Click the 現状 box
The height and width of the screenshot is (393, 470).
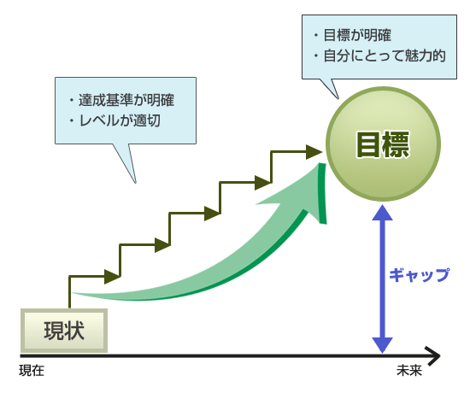click(x=64, y=331)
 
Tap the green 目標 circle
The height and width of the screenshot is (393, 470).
click(x=383, y=144)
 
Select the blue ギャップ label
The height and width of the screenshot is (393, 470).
click(x=420, y=274)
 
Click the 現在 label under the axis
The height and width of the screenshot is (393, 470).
click(x=32, y=371)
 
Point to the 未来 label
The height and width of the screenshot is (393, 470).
click(x=409, y=371)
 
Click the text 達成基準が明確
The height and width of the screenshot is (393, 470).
click(x=126, y=100)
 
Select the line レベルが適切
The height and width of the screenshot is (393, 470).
click(x=120, y=120)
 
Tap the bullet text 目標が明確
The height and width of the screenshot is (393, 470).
click(x=357, y=35)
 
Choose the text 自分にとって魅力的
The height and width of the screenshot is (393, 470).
click(x=385, y=56)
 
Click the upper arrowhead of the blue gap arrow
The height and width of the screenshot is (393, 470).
click(x=383, y=212)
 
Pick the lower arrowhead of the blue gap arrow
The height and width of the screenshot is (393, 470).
click(x=383, y=346)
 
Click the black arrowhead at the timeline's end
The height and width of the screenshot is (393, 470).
click(x=433, y=355)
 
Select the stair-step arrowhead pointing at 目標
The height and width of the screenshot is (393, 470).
click(x=314, y=152)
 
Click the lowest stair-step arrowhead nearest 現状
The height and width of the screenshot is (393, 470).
click(x=113, y=277)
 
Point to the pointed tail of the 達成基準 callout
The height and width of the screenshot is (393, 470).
click(x=136, y=183)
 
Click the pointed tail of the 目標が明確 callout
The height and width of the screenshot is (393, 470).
click(x=338, y=98)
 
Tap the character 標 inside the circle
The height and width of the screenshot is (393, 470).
click(x=397, y=144)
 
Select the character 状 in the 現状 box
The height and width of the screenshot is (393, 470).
click(x=74, y=331)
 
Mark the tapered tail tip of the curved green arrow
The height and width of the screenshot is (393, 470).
click(x=73, y=293)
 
